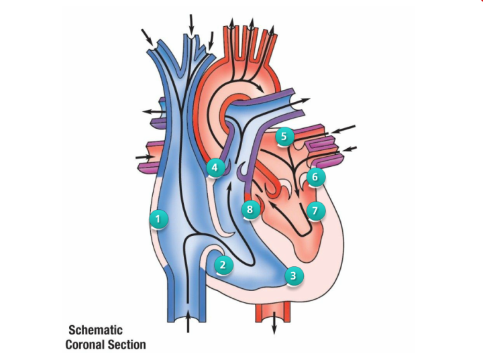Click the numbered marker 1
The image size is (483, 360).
tap(158, 219)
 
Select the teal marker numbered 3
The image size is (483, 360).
tap(293, 276)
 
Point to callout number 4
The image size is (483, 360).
tap(215, 168)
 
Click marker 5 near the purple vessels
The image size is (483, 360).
tap(284, 137)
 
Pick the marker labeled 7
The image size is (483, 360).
tap(315, 211)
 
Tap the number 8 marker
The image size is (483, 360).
tap(250, 210)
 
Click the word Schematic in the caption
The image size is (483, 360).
tap(96, 330)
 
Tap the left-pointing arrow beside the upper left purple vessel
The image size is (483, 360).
tap(152, 111)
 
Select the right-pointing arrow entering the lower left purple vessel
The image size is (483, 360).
tap(144, 158)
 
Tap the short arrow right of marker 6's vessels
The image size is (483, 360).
tap(350, 148)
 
